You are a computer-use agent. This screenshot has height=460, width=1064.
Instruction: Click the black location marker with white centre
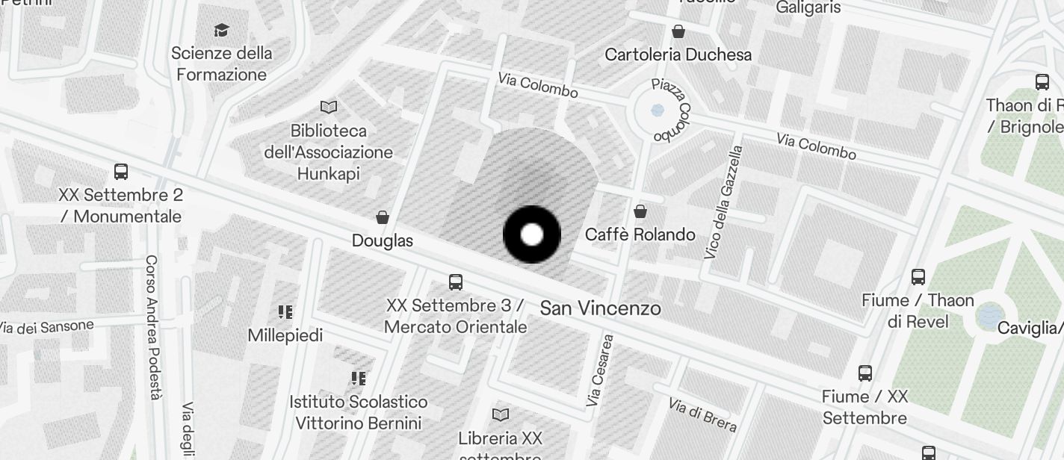tap(531, 234)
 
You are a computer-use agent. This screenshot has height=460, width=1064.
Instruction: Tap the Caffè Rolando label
tap(640, 234)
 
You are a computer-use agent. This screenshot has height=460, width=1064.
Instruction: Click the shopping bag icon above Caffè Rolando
tap(640, 211)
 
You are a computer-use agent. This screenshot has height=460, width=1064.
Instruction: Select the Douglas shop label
tap(383, 240)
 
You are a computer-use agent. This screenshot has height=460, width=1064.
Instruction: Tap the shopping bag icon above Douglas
tap(383, 217)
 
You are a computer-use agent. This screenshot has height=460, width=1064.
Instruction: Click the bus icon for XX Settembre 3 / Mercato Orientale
tap(456, 282)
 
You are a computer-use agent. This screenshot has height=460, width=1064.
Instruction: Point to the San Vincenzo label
tap(600, 308)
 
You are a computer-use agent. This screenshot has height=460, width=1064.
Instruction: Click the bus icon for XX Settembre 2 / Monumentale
tap(121, 172)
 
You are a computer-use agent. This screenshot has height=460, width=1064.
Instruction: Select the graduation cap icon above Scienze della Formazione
tap(221, 30)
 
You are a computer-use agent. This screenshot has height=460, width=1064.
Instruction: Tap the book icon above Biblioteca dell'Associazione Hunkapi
tap(329, 108)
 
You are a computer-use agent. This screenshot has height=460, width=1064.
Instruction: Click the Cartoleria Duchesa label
tap(678, 55)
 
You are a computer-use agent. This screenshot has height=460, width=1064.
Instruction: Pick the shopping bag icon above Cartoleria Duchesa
tap(678, 31)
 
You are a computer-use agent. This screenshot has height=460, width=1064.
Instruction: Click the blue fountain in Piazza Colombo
tap(658, 110)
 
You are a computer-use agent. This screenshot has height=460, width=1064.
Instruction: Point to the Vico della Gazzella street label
tap(724, 202)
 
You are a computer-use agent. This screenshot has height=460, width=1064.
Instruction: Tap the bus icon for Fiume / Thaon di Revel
tap(918, 277)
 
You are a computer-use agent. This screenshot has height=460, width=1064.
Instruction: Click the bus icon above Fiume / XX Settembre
tap(865, 373)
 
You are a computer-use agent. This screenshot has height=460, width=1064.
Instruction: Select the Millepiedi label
tap(285, 335)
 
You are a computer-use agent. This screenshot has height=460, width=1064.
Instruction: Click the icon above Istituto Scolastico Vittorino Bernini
tap(359, 379)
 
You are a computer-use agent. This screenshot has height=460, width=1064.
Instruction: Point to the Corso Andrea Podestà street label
tap(152, 327)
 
